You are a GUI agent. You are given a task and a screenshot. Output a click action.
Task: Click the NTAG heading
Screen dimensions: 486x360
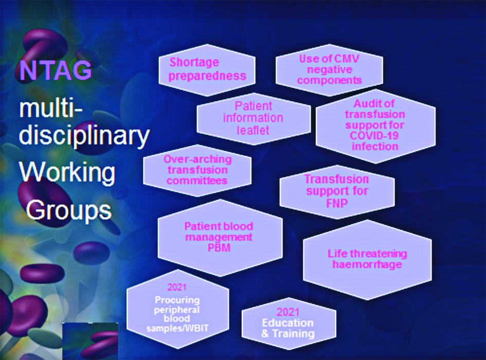(x=56, y=70)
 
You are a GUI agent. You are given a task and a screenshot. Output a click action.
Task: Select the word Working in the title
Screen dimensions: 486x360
(x=67, y=172)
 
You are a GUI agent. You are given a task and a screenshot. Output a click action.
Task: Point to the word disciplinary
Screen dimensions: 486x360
(x=84, y=135)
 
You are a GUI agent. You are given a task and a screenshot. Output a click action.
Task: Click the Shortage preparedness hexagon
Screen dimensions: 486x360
(x=207, y=70)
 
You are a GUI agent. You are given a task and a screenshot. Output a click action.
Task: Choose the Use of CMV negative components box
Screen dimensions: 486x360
(x=329, y=69)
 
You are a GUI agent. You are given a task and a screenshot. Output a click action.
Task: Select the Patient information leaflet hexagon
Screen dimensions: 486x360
(x=254, y=118)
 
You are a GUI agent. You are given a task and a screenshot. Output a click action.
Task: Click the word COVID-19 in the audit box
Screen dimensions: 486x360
(x=374, y=136)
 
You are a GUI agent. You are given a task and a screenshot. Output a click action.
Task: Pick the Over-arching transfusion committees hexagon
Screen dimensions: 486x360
(x=197, y=170)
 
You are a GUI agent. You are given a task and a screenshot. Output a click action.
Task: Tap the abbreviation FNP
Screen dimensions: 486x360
(x=337, y=204)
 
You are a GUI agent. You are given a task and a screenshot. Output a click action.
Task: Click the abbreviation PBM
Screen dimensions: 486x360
(x=219, y=248)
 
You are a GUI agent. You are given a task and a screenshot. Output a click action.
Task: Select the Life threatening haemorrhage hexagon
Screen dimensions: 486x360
(x=367, y=260)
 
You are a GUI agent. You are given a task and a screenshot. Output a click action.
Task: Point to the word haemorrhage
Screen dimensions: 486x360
(x=367, y=264)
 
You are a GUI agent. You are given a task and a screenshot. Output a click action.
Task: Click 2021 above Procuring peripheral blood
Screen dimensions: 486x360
(x=177, y=287)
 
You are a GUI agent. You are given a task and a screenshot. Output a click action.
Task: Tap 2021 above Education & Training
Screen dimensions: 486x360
(x=288, y=312)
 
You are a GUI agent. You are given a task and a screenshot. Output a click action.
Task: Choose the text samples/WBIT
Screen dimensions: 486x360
(x=177, y=329)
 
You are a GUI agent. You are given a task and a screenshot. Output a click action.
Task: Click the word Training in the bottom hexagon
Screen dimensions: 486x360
(x=293, y=334)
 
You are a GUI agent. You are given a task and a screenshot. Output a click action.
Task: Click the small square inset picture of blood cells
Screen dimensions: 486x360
(x=90, y=340)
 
